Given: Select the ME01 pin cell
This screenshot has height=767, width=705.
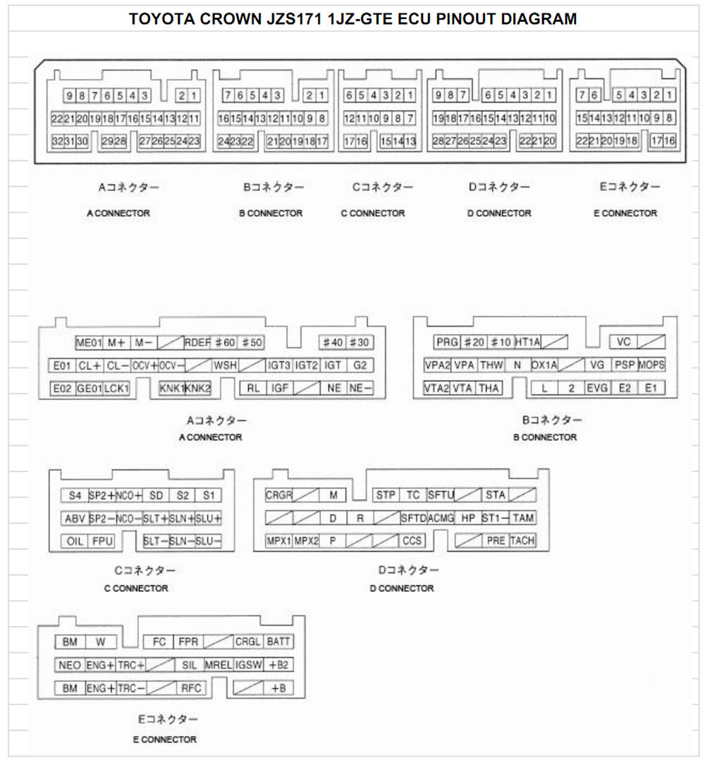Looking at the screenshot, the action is click(89, 343).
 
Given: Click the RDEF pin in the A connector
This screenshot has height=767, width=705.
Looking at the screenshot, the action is click(197, 343).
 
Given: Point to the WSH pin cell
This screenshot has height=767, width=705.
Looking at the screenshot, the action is click(225, 365).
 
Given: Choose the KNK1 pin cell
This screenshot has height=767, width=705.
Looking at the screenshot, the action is click(172, 388).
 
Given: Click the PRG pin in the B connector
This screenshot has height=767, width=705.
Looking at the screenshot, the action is click(447, 342).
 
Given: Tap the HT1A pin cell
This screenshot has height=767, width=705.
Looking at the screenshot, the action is click(527, 342).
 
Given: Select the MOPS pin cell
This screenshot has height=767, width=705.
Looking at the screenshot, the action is click(651, 365).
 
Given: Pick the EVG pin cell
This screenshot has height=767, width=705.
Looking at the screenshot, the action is click(597, 388).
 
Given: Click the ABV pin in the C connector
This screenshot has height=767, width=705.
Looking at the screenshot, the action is click(75, 519).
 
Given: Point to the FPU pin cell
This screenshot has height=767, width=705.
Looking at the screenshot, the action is click(102, 541).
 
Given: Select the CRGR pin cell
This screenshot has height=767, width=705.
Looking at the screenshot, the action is click(279, 496).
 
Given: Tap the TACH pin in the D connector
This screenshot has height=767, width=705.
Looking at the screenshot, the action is click(522, 541).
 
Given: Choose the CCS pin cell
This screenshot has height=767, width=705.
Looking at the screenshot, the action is click(412, 541).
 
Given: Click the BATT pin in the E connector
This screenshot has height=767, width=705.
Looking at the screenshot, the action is click(278, 642).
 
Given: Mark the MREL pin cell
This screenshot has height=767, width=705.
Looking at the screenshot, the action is click(219, 665).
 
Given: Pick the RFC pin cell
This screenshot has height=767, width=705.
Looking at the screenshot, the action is click(191, 688).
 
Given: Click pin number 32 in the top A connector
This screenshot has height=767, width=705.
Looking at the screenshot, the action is click(58, 142).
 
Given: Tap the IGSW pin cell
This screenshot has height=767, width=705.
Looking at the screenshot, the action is click(249, 665).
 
